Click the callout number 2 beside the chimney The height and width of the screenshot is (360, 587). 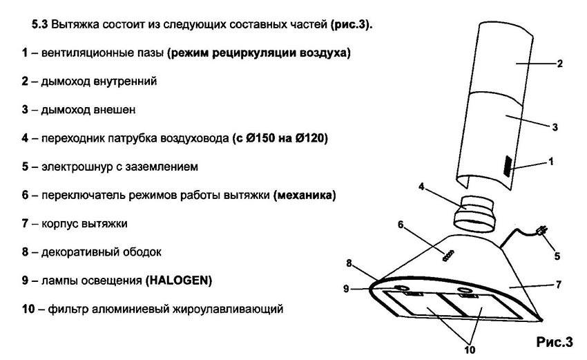click(x=559, y=64)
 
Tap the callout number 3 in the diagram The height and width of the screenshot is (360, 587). click(x=555, y=127)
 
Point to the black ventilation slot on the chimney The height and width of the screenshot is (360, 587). click(x=508, y=166)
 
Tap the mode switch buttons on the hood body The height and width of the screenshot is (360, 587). click(x=448, y=256)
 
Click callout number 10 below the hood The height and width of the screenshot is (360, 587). click(x=470, y=350)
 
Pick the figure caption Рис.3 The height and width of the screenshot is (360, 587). click(x=555, y=341)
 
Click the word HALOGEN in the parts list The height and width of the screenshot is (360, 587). click(x=179, y=281)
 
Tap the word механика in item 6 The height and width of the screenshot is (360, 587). click(x=305, y=195)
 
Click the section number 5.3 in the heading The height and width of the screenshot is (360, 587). click(x=39, y=25)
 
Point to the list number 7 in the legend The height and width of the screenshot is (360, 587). click(x=25, y=223)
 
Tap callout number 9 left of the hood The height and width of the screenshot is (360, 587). click(x=346, y=288)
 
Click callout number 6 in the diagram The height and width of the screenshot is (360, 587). click(x=401, y=225)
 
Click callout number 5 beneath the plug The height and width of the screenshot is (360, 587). click(x=557, y=256)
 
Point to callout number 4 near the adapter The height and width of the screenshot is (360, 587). click(x=421, y=186)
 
